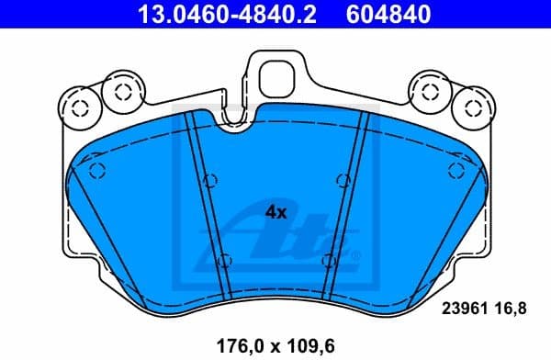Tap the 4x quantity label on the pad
click(x=276, y=211)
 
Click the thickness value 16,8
click(x=512, y=310)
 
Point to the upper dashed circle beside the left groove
click(x=209, y=179)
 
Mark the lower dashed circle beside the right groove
click(x=328, y=260)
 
